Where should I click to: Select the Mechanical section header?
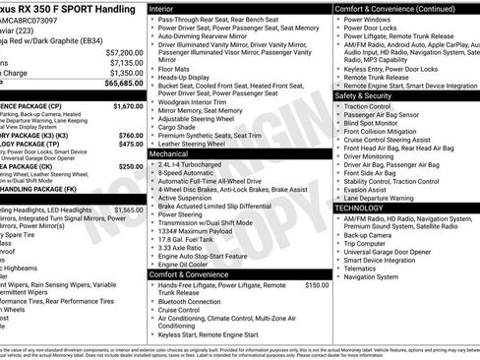pyautogui.click(x=171, y=154)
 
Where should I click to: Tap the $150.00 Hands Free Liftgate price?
pyautogui.click(x=317, y=285)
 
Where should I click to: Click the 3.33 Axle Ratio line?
pyautogui.click(x=181, y=248)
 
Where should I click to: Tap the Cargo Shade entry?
pyautogui.click(x=178, y=126)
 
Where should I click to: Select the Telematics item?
pyautogui.click(x=360, y=268)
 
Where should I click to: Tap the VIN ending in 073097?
pyautogui.click(x=30, y=20)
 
